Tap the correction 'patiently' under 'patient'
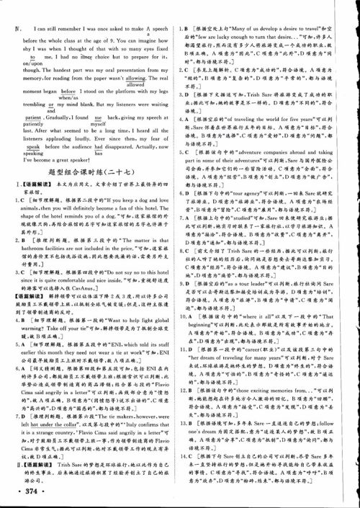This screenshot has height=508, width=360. coord(24,125)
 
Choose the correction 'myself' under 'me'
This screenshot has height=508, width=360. coord(99,125)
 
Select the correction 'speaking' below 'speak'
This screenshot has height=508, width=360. coord(24,152)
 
